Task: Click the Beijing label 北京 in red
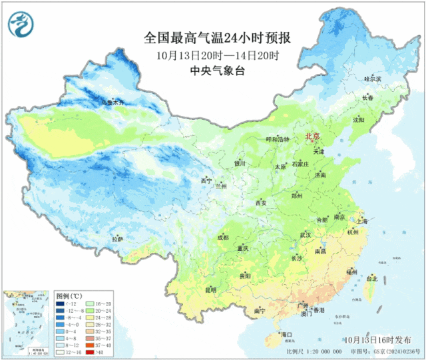312,136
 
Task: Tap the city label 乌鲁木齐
112,103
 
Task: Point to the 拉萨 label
117,239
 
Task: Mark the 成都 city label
222,237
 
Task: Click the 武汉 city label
306,234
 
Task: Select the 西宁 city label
206,181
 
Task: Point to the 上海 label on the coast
362,220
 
